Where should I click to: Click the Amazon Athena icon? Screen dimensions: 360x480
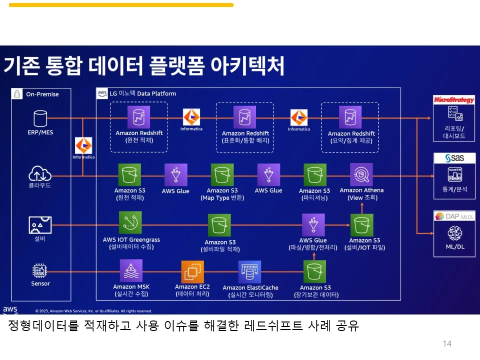point(361,174)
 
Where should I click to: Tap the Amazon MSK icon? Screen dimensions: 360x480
point(131,271)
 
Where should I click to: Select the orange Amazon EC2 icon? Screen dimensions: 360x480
point(192,272)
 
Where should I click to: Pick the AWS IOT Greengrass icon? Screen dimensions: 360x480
point(130,223)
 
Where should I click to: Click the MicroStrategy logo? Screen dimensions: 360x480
point(454,100)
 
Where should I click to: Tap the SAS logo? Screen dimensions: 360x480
point(454,158)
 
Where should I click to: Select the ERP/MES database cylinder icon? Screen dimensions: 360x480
point(40,118)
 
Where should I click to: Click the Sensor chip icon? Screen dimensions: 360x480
point(40,271)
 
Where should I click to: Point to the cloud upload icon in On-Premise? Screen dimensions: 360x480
point(40,174)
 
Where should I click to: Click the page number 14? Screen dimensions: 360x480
point(447,343)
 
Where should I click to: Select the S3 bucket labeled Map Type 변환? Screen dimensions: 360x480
point(222,175)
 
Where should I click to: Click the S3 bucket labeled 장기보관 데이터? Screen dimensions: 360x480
point(315,272)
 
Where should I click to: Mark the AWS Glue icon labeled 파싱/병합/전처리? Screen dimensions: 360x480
point(313,225)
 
